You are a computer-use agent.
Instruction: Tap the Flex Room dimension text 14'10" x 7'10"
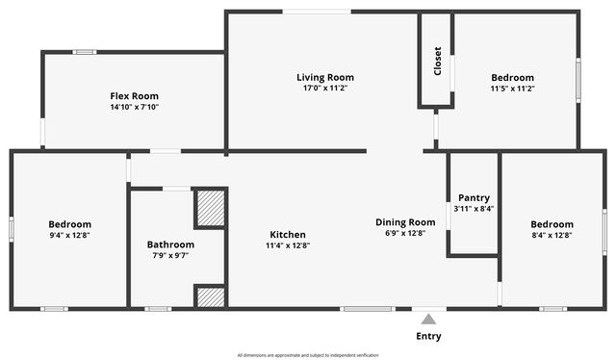(134, 108)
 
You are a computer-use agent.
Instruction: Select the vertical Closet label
(437, 63)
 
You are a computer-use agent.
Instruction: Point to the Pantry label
(474, 197)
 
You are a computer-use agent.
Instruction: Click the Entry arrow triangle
(429, 319)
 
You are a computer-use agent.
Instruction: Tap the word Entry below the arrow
(429, 336)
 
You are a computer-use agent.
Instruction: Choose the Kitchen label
(288, 234)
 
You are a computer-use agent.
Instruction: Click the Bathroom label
(170, 244)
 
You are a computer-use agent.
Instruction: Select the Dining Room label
(405, 221)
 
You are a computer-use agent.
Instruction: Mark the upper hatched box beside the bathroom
(210, 208)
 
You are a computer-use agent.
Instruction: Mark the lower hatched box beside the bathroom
(210, 296)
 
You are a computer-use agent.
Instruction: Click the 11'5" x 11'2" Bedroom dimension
(512, 89)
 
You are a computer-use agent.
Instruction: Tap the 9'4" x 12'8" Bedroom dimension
(70, 235)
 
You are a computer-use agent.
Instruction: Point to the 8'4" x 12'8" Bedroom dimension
(552, 235)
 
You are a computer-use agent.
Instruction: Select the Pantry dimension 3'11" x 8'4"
(474, 209)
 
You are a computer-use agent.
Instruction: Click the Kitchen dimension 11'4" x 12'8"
(288, 245)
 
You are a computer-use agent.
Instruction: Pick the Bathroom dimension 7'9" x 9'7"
(170, 255)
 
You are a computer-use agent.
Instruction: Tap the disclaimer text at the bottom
(308, 355)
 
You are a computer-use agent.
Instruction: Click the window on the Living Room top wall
(316, 12)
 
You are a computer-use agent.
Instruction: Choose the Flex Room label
(134, 96)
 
